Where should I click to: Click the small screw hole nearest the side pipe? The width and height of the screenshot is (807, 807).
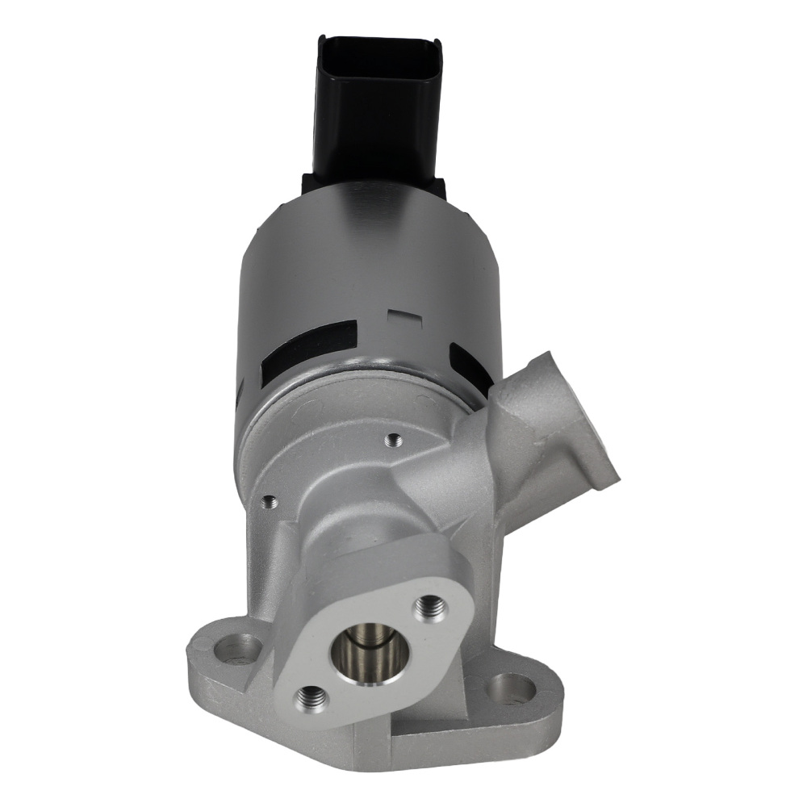[394, 440]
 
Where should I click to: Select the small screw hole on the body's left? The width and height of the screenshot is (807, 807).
[270, 502]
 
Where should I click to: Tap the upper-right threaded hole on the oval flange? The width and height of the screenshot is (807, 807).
[431, 606]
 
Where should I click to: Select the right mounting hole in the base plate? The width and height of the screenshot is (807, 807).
[512, 687]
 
